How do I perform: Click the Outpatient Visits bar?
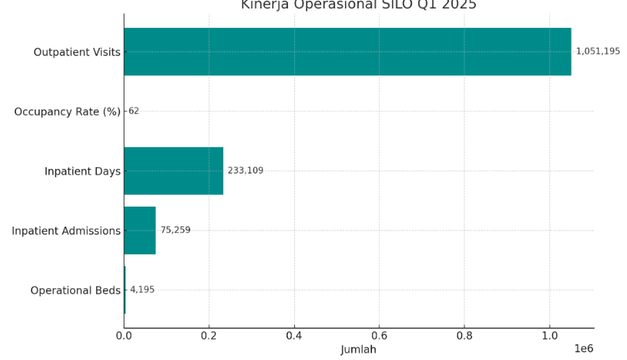click(347, 52)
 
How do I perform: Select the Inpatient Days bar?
click(173, 170)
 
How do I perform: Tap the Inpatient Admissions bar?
click(139, 230)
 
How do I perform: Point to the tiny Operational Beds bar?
click(125, 290)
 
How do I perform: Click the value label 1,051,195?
click(598, 52)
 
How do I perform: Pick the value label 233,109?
click(245, 170)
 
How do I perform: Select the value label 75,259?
click(175, 230)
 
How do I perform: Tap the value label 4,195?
click(142, 290)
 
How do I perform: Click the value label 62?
click(133, 111)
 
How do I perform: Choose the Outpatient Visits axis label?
click(76, 52)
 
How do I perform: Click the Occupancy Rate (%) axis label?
click(67, 112)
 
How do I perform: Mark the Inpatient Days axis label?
click(82, 171)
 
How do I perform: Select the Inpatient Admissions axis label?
click(66, 230)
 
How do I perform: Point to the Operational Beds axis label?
click(75, 291)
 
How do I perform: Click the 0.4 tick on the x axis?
click(294, 336)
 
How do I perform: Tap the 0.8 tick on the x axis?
click(464, 336)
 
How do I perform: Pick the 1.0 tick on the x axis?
click(549, 336)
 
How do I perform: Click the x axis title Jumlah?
click(358, 350)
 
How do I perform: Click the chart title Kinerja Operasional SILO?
click(358, 5)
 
